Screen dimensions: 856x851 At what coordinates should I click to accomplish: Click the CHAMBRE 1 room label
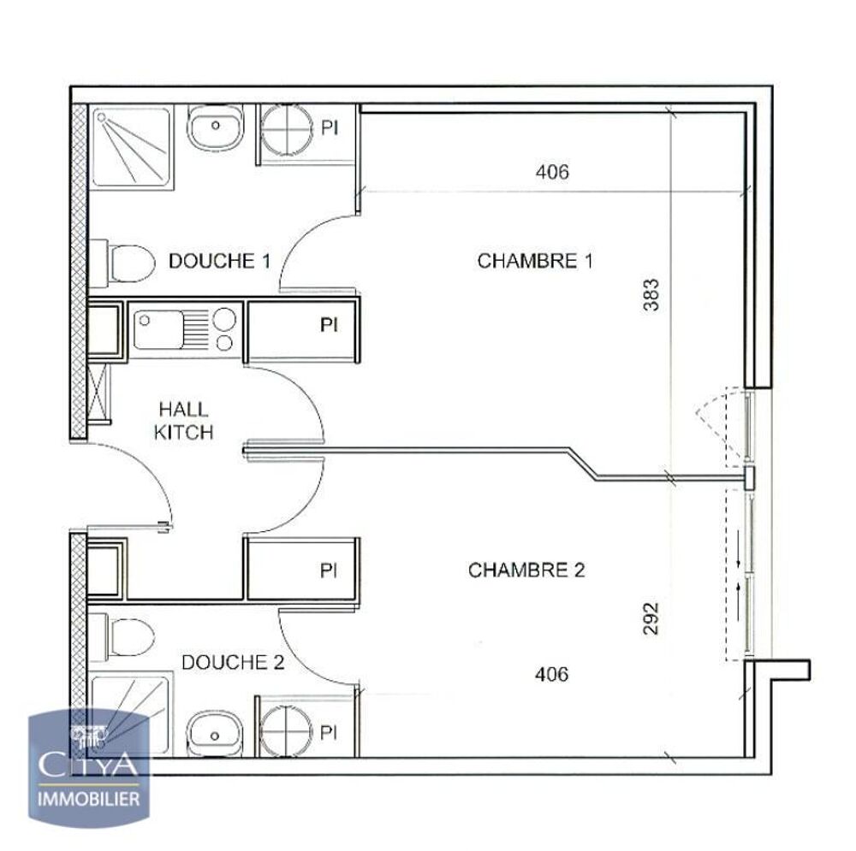tap(534, 261)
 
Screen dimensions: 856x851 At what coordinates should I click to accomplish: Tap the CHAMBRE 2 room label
tap(526, 570)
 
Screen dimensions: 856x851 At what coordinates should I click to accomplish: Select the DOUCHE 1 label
tap(219, 261)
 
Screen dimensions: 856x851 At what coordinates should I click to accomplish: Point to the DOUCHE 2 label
tap(233, 662)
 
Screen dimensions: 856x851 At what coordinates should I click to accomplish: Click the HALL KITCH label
tap(184, 421)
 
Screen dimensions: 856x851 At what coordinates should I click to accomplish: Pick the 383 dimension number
tap(651, 294)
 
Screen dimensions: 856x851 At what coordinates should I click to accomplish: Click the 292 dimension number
tap(651, 618)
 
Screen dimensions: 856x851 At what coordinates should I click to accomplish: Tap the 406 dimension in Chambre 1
tap(552, 172)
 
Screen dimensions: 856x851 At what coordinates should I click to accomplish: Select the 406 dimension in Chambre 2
tap(551, 674)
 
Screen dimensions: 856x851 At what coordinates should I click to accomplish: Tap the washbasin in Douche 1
tap(215, 127)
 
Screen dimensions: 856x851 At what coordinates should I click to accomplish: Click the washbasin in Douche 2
tap(215, 735)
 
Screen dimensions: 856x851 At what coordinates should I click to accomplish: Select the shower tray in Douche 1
tap(131, 147)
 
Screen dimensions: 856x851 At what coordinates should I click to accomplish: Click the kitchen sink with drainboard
tap(169, 329)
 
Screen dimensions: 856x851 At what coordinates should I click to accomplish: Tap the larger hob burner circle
tap(223, 319)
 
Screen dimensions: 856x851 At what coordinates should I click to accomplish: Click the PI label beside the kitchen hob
tap(329, 325)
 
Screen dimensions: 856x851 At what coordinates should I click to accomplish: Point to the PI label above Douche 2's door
tap(328, 570)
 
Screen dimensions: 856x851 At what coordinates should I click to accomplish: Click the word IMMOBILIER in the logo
tap(88, 799)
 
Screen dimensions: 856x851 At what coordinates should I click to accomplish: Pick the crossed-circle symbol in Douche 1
tap(286, 130)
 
